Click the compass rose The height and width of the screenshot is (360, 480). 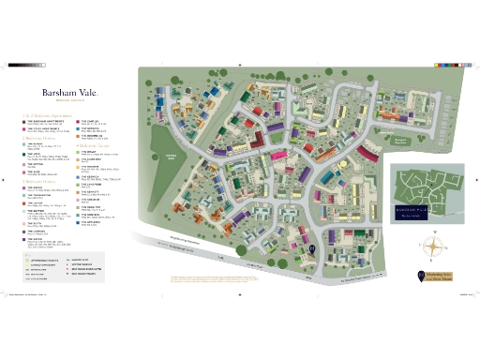(x=432, y=247)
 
